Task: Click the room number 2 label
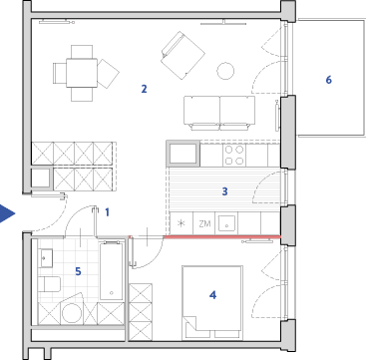pyautogui.click(x=144, y=89)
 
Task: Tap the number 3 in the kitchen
pyautogui.click(x=224, y=191)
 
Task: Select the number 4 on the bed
pyautogui.click(x=212, y=295)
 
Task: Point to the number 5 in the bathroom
pyautogui.click(x=78, y=271)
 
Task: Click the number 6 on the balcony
pyautogui.click(x=328, y=80)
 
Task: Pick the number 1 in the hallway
pyautogui.click(x=107, y=212)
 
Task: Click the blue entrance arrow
pyautogui.click(x=7, y=213)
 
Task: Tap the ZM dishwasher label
pyautogui.click(x=204, y=223)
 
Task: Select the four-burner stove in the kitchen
pyautogui.click(x=234, y=156)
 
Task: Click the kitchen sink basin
pyautogui.click(x=227, y=223)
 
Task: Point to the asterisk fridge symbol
pyautogui.click(x=182, y=223)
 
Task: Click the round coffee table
pyautogui.click(x=225, y=71)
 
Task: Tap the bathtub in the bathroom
pyautogui.click(x=112, y=271)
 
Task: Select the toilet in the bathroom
pyautogui.click(x=49, y=284)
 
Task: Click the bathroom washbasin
pyautogui.click(x=45, y=257)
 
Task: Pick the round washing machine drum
pyautogui.click(x=72, y=313)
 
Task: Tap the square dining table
pyautogui.click(x=82, y=73)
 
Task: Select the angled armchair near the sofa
pyautogui.click(x=183, y=55)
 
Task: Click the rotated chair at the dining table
pyautogui.click(x=108, y=74)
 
